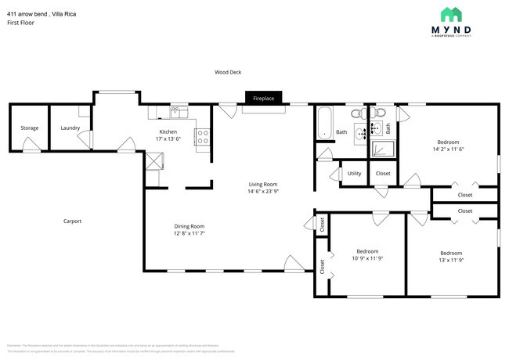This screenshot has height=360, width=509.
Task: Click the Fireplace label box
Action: [x=263, y=99]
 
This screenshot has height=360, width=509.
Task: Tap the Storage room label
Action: [x=30, y=128]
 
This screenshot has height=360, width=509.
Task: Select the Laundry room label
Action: [x=70, y=128]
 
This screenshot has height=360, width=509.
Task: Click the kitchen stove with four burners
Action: [x=202, y=137]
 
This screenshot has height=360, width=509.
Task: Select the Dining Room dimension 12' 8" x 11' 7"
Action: [x=189, y=233]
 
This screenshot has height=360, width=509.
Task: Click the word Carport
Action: [x=72, y=221]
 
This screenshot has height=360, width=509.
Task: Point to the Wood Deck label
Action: [x=228, y=72]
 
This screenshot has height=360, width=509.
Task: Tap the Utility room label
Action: [x=354, y=173]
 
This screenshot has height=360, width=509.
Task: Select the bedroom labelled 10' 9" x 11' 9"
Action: [x=366, y=258]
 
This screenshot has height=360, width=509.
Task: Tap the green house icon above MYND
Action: [x=451, y=14]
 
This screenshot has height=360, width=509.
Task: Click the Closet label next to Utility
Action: [x=383, y=173]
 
